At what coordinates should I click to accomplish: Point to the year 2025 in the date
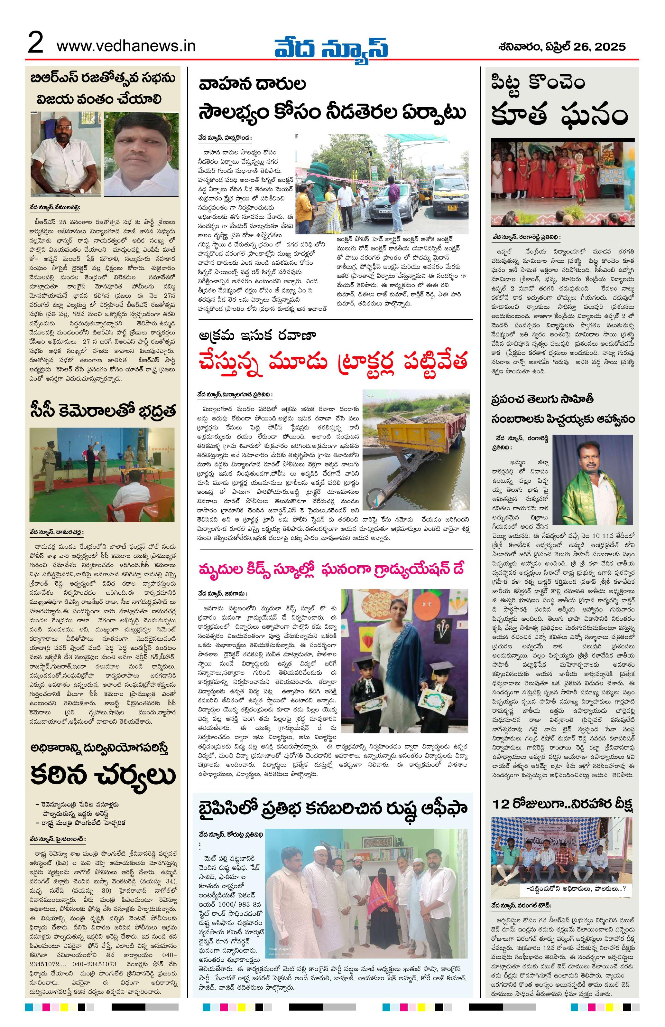click(x=609, y=47)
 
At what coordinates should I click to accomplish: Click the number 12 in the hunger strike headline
click(x=502, y=804)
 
